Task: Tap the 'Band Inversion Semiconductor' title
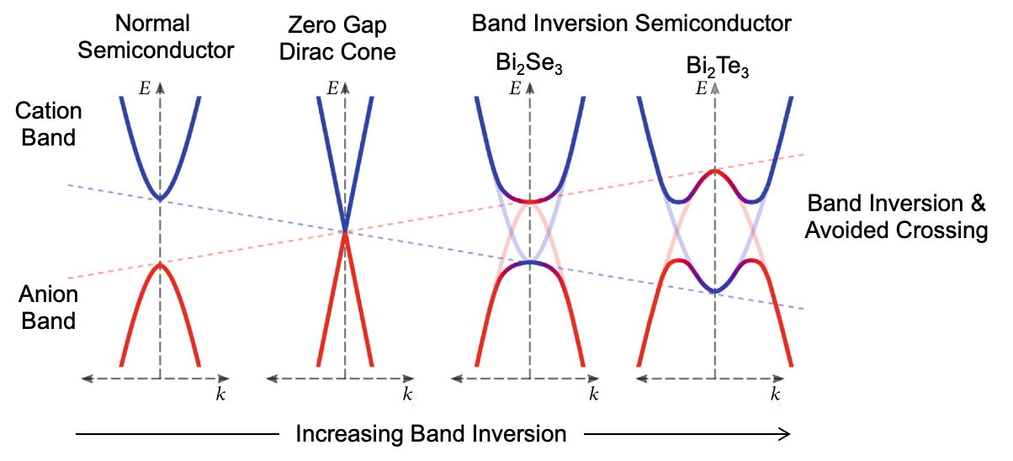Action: pos(631,23)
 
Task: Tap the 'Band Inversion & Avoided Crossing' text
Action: pos(895,216)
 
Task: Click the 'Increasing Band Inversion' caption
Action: pos(430,433)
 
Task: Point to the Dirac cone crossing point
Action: pos(345,231)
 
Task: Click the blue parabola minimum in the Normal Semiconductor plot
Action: pos(160,199)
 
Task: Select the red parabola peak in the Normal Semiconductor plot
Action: pos(160,264)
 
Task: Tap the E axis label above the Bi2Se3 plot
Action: pos(514,87)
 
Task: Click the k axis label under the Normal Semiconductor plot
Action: pos(220,394)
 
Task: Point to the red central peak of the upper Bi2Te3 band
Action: pos(714,172)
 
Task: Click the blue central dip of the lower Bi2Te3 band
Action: pos(714,291)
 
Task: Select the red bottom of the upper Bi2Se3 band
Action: pos(529,202)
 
